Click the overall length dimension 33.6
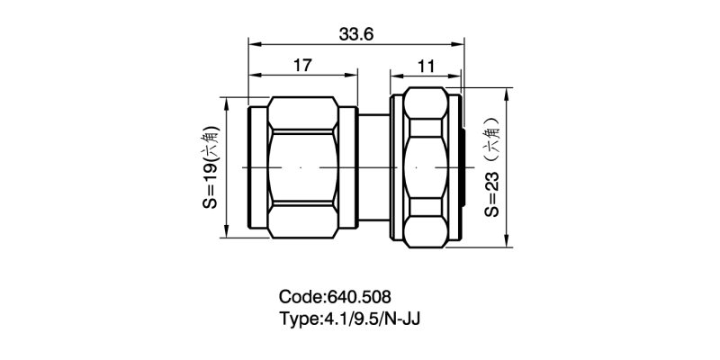[356, 34]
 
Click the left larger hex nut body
[306, 167]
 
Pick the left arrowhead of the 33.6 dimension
[253, 43]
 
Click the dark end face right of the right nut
[462, 167]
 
